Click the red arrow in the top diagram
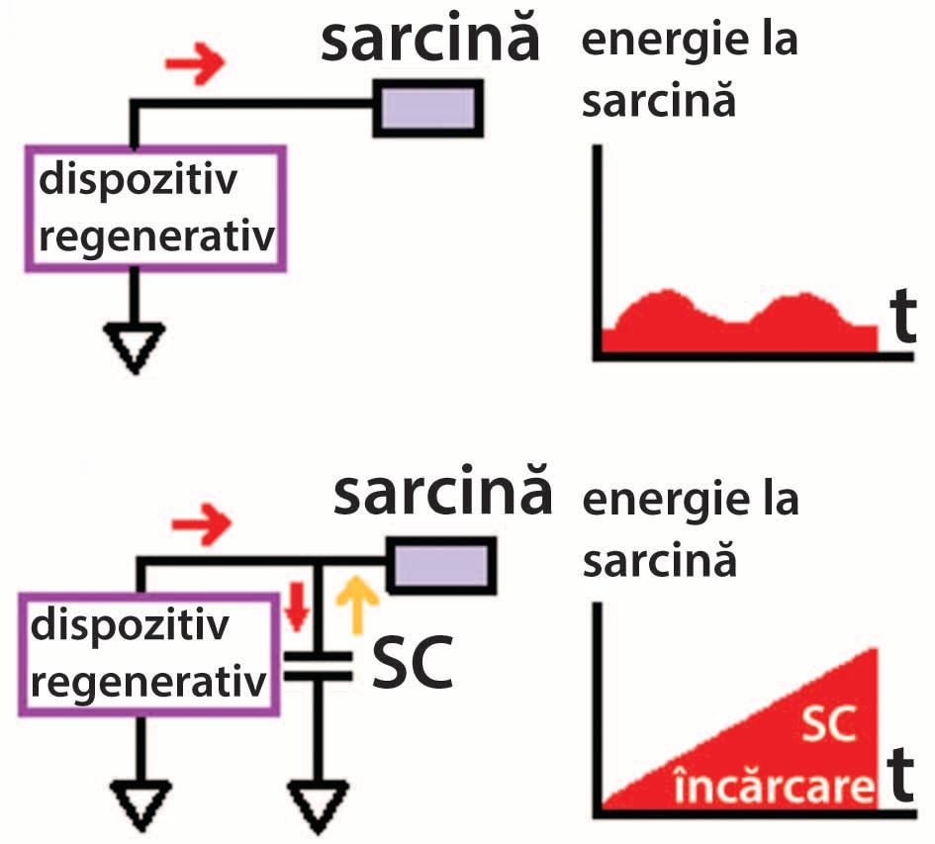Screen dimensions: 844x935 click(x=194, y=64)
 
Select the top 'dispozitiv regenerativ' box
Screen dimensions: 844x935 click(x=154, y=209)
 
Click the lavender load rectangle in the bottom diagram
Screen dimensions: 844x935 click(x=441, y=565)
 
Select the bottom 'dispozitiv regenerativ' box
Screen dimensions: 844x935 click(x=148, y=653)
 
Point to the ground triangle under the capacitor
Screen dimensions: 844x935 click(x=317, y=803)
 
